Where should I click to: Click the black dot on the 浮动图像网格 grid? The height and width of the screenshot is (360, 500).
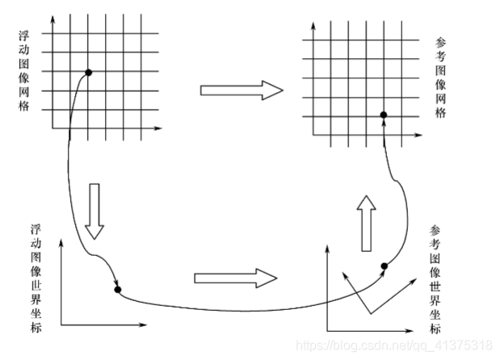tap(88, 73)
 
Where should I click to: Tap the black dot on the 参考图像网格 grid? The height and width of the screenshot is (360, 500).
tap(384, 115)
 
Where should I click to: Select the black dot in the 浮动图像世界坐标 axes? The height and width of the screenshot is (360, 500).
tap(118, 289)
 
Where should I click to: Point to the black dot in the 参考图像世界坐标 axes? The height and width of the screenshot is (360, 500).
tap(384, 266)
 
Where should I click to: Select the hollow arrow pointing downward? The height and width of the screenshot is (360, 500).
tap(95, 211)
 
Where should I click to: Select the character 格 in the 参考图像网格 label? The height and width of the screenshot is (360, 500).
tap(439, 114)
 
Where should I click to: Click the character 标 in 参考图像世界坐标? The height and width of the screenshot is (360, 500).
tap(436, 329)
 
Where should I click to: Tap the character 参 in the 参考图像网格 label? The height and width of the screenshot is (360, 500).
tap(439, 41)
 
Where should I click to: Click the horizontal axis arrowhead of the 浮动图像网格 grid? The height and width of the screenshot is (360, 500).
tap(159, 128)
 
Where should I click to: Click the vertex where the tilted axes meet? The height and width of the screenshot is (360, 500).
tap(368, 315)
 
